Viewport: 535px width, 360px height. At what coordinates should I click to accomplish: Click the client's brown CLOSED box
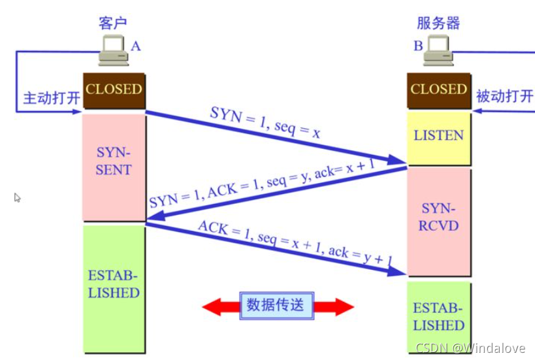click(114, 90)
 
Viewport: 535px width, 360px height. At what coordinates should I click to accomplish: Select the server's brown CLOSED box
click(439, 90)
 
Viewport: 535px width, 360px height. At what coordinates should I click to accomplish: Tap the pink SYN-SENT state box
click(114, 167)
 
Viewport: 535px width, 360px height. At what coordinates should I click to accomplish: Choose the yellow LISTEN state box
click(439, 139)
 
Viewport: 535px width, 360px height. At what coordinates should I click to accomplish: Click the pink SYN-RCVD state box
click(439, 221)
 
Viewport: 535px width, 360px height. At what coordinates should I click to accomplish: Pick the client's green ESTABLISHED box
click(114, 289)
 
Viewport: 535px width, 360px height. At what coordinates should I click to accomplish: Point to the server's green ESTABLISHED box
click(439, 318)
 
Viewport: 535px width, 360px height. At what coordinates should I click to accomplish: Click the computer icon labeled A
click(114, 50)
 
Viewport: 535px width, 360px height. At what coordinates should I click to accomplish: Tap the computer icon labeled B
click(438, 50)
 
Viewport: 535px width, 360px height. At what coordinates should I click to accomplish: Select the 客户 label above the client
click(113, 24)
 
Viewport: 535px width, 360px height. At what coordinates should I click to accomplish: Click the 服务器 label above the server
click(438, 24)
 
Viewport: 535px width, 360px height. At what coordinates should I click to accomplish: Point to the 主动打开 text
click(52, 98)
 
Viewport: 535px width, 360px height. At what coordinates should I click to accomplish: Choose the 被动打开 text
click(505, 96)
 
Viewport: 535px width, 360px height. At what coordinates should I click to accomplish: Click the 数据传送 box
click(277, 305)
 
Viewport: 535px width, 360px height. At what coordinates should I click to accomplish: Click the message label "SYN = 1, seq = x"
click(265, 122)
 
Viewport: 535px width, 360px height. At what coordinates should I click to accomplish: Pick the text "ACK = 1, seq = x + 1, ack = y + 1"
click(295, 242)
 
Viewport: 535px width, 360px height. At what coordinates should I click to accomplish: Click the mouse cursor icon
click(18, 197)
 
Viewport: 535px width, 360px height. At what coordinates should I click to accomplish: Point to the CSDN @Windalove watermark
click(470, 348)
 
